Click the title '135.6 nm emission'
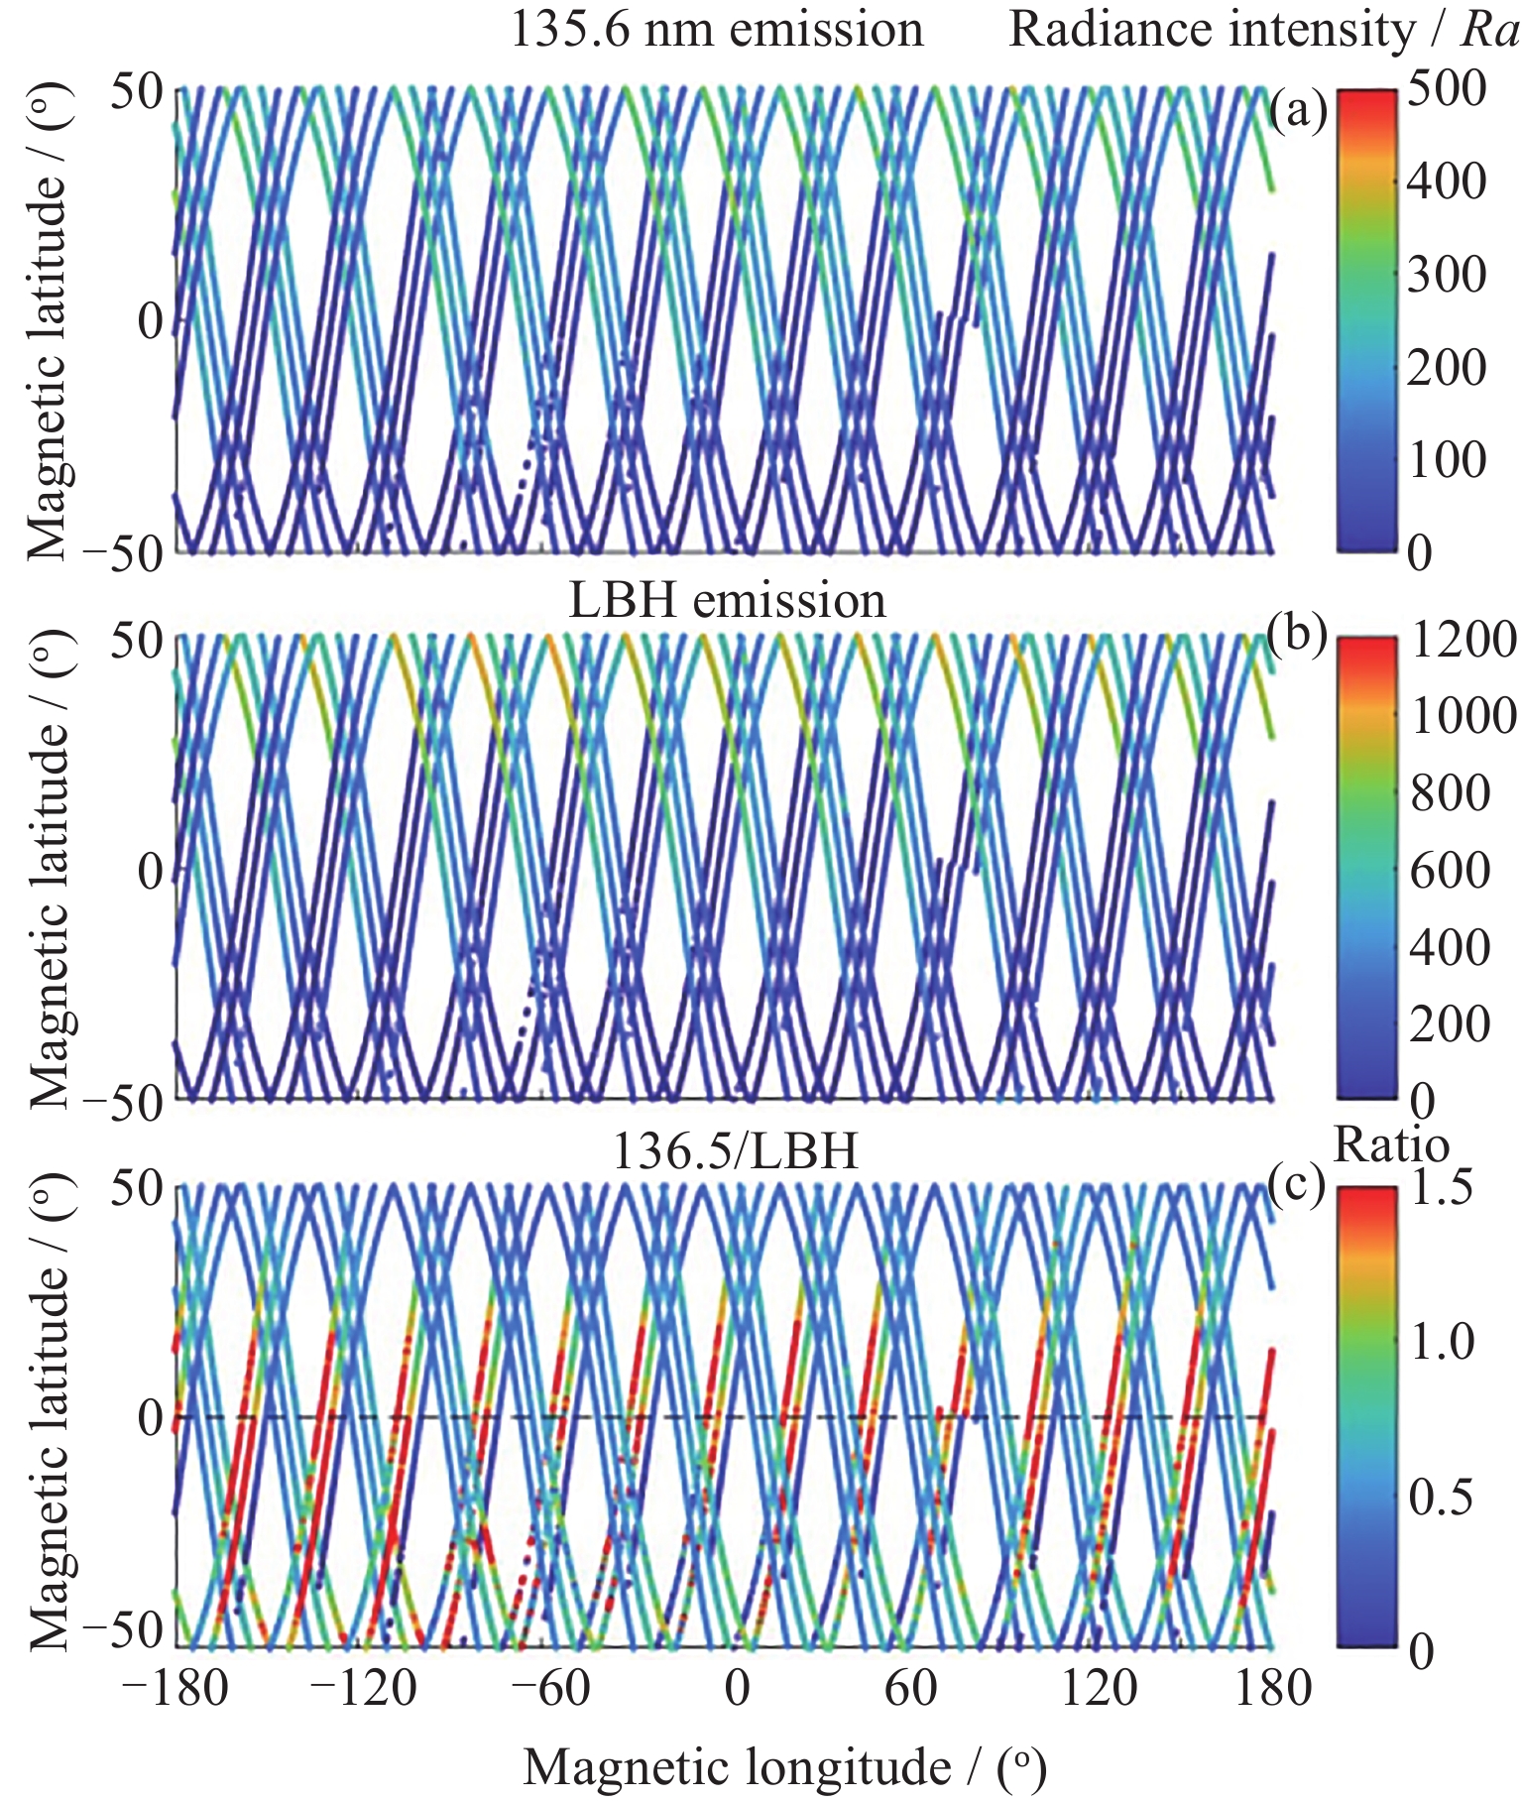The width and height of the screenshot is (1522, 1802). (716, 29)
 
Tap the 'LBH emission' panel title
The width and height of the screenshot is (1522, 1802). (727, 601)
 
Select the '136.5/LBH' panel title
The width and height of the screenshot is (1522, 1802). (736, 1151)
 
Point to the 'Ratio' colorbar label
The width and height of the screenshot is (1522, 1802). (1392, 1145)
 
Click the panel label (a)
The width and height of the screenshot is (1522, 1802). (1298, 111)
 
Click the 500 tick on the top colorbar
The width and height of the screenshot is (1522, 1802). (1447, 90)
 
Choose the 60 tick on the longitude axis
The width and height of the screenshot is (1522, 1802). (910, 1687)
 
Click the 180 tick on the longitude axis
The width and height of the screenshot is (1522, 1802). (1272, 1687)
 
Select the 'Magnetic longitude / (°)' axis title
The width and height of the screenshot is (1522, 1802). (784, 1767)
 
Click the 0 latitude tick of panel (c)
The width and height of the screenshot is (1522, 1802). (151, 1418)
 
